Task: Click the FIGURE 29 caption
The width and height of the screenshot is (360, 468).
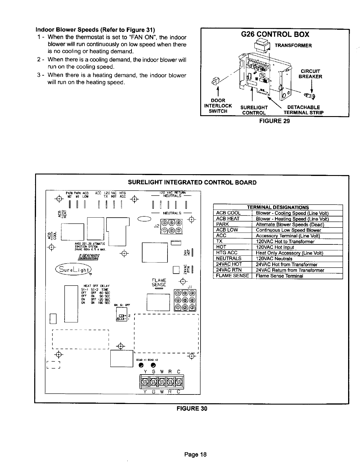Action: tap(274, 121)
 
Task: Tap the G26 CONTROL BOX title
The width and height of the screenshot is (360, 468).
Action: tap(274, 35)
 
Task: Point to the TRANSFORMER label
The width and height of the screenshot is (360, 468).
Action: tap(293, 46)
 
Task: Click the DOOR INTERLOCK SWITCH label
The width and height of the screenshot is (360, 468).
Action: tap(218, 106)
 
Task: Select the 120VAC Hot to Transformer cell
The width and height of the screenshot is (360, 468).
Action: tap(285, 241)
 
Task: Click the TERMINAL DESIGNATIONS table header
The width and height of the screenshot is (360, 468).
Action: tap(278, 208)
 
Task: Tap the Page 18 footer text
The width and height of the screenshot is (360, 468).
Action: tap(195, 455)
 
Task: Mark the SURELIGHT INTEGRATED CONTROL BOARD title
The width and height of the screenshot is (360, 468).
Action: tap(192, 182)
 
